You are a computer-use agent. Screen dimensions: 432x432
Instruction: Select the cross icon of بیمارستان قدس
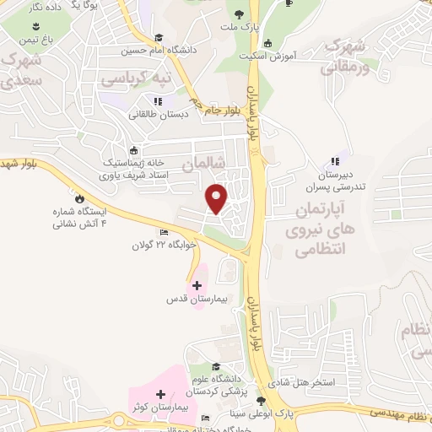coord(197,285)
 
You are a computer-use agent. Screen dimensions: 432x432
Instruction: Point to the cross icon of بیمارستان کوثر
coord(160,394)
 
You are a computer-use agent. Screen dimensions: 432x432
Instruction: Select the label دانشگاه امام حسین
coord(169,50)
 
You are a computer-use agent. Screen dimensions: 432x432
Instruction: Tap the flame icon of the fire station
coord(79,199)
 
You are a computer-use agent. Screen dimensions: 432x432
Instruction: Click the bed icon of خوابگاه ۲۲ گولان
coord(164,232)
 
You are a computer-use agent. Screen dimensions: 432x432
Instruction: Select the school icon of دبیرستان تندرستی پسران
coord(335,161)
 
